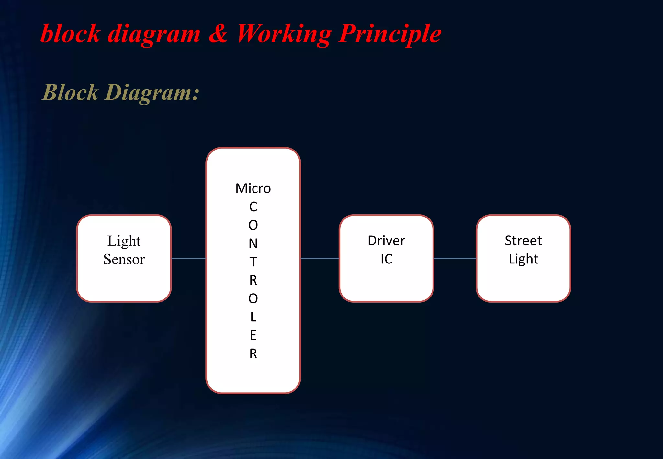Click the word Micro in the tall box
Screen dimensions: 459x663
click(253, 188)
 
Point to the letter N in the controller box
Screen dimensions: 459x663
click(253, 243)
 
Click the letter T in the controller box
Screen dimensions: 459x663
click(253, 262)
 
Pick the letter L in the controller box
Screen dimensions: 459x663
click(253, 317)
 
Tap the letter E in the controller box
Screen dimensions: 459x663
click(253, 335)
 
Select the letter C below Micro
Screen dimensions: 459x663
click(253, 207)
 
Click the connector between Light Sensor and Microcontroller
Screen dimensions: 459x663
click(188, 258)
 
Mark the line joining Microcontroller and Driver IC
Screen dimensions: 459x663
click(320, 258)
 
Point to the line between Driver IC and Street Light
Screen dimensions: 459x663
click(455, 258)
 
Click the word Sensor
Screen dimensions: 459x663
click(124, 259)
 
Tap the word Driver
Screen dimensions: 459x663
click(386, 241)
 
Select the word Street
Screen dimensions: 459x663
click(523, 241)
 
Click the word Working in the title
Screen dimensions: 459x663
click(284, 34)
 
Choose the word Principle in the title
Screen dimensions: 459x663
click(390, 34)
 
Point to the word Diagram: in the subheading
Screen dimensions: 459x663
click(152, 93)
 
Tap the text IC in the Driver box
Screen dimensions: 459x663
click(386, 259)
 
